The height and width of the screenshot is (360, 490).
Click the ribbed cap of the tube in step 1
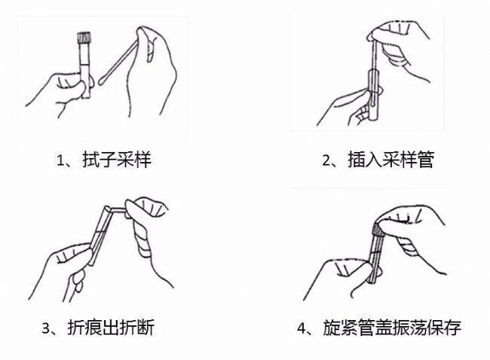pyautogui.click(x=84, y=38)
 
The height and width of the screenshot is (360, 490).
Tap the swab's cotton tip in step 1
pyautogui.click(x=103, y=81)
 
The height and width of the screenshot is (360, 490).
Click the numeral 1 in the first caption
pyautogui.click(x=60, y=160)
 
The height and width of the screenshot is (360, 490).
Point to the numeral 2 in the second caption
pyautogui.click(x=326, y=160)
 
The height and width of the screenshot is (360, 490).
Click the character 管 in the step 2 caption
pyautogui.click(x=425, y=160)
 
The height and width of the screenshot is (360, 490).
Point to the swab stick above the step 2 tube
pyautogui.click(x=373, y=55)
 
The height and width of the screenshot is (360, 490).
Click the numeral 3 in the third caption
pyautogui.click(x=46, y=328)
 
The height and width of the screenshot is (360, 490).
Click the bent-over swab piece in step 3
pyautogui.click(x=119, y=210)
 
